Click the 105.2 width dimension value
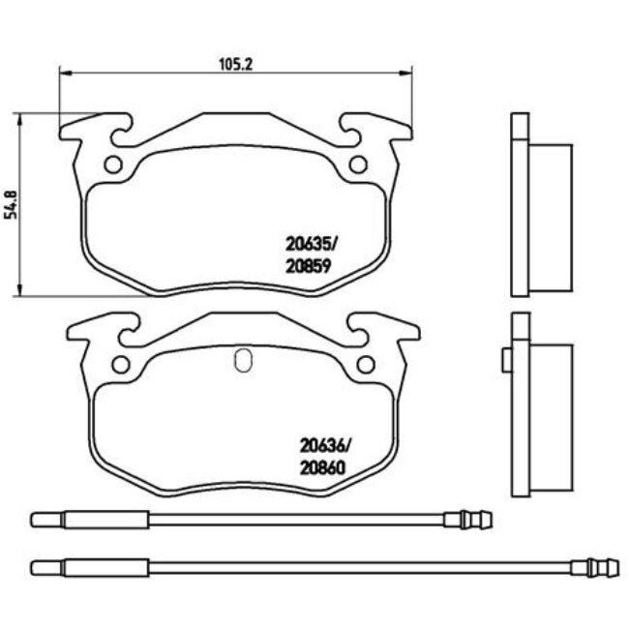(229, 65)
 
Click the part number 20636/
(324, 446)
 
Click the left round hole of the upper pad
(112, 164)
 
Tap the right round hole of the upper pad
(356, 164)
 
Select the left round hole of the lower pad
(121, 364)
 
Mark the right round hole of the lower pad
(365, 364)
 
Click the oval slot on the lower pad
(243, 360)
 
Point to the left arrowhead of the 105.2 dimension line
(65, 72)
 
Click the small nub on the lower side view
(505, 360)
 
